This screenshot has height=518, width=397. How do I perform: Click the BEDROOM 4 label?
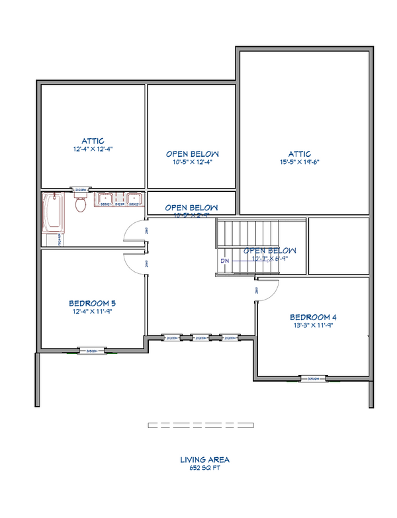point(312,316)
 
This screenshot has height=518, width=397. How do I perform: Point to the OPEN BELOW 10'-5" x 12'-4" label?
point(192,153)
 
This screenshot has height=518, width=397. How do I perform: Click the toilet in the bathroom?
point(81,204)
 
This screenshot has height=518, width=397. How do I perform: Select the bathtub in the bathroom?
point(53,213)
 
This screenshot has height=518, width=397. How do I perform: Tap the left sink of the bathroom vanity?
point(105,200)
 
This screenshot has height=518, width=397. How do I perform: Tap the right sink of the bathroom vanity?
point(134,200)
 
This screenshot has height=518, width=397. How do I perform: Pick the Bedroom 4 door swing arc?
point(266,290)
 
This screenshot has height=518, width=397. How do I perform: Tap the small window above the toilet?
point(81,189)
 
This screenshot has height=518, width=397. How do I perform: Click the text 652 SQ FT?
point(205,468)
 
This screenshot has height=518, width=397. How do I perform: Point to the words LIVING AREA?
point(205,459)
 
